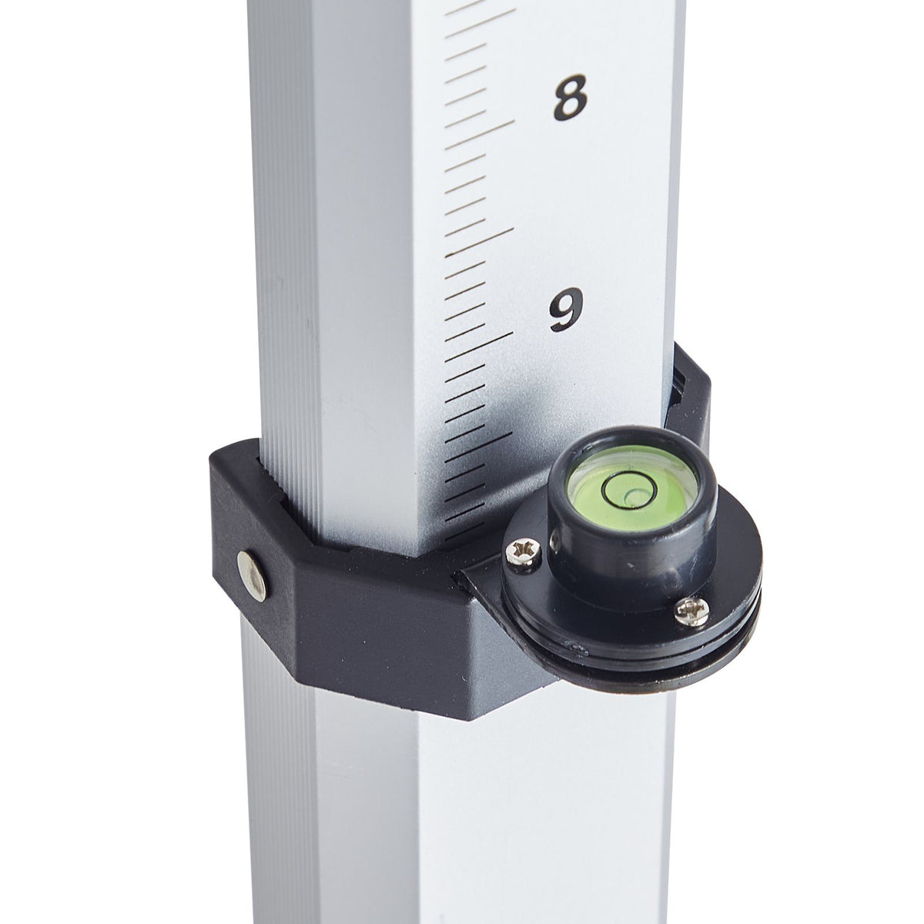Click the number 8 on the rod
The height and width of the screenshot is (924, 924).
coord(570,97)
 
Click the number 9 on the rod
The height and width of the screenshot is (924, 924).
coord(566,310)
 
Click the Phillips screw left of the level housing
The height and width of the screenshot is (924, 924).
coord(524,554)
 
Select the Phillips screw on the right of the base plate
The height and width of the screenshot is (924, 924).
coord(691,611)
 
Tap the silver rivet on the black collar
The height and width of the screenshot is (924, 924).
coord(253,576)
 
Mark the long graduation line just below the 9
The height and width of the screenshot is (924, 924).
coord(479,345)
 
